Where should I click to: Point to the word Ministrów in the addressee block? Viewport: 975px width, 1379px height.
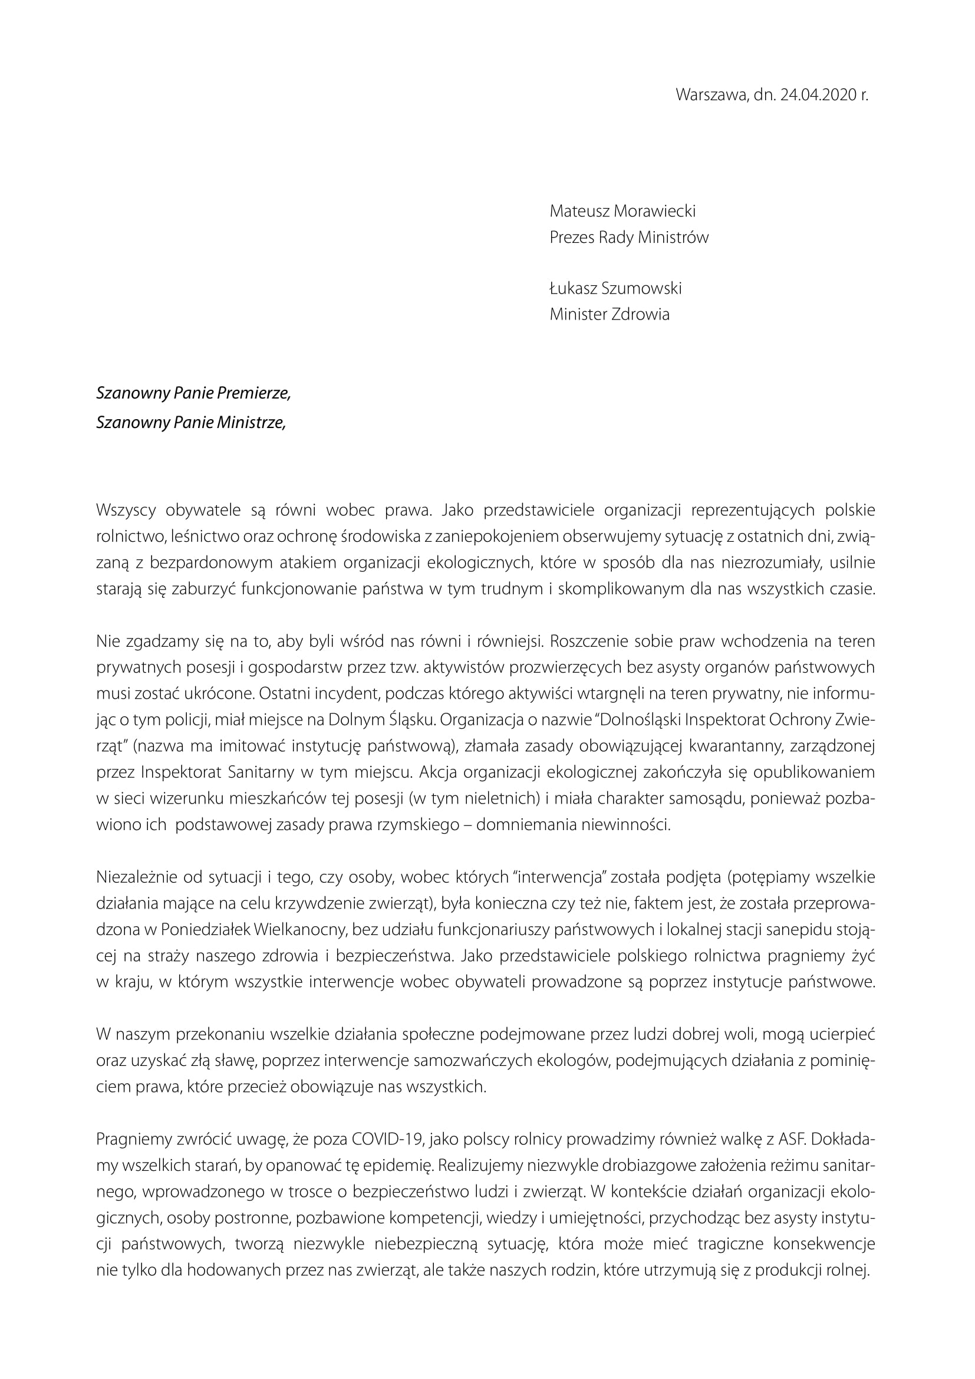click(673, 237)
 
